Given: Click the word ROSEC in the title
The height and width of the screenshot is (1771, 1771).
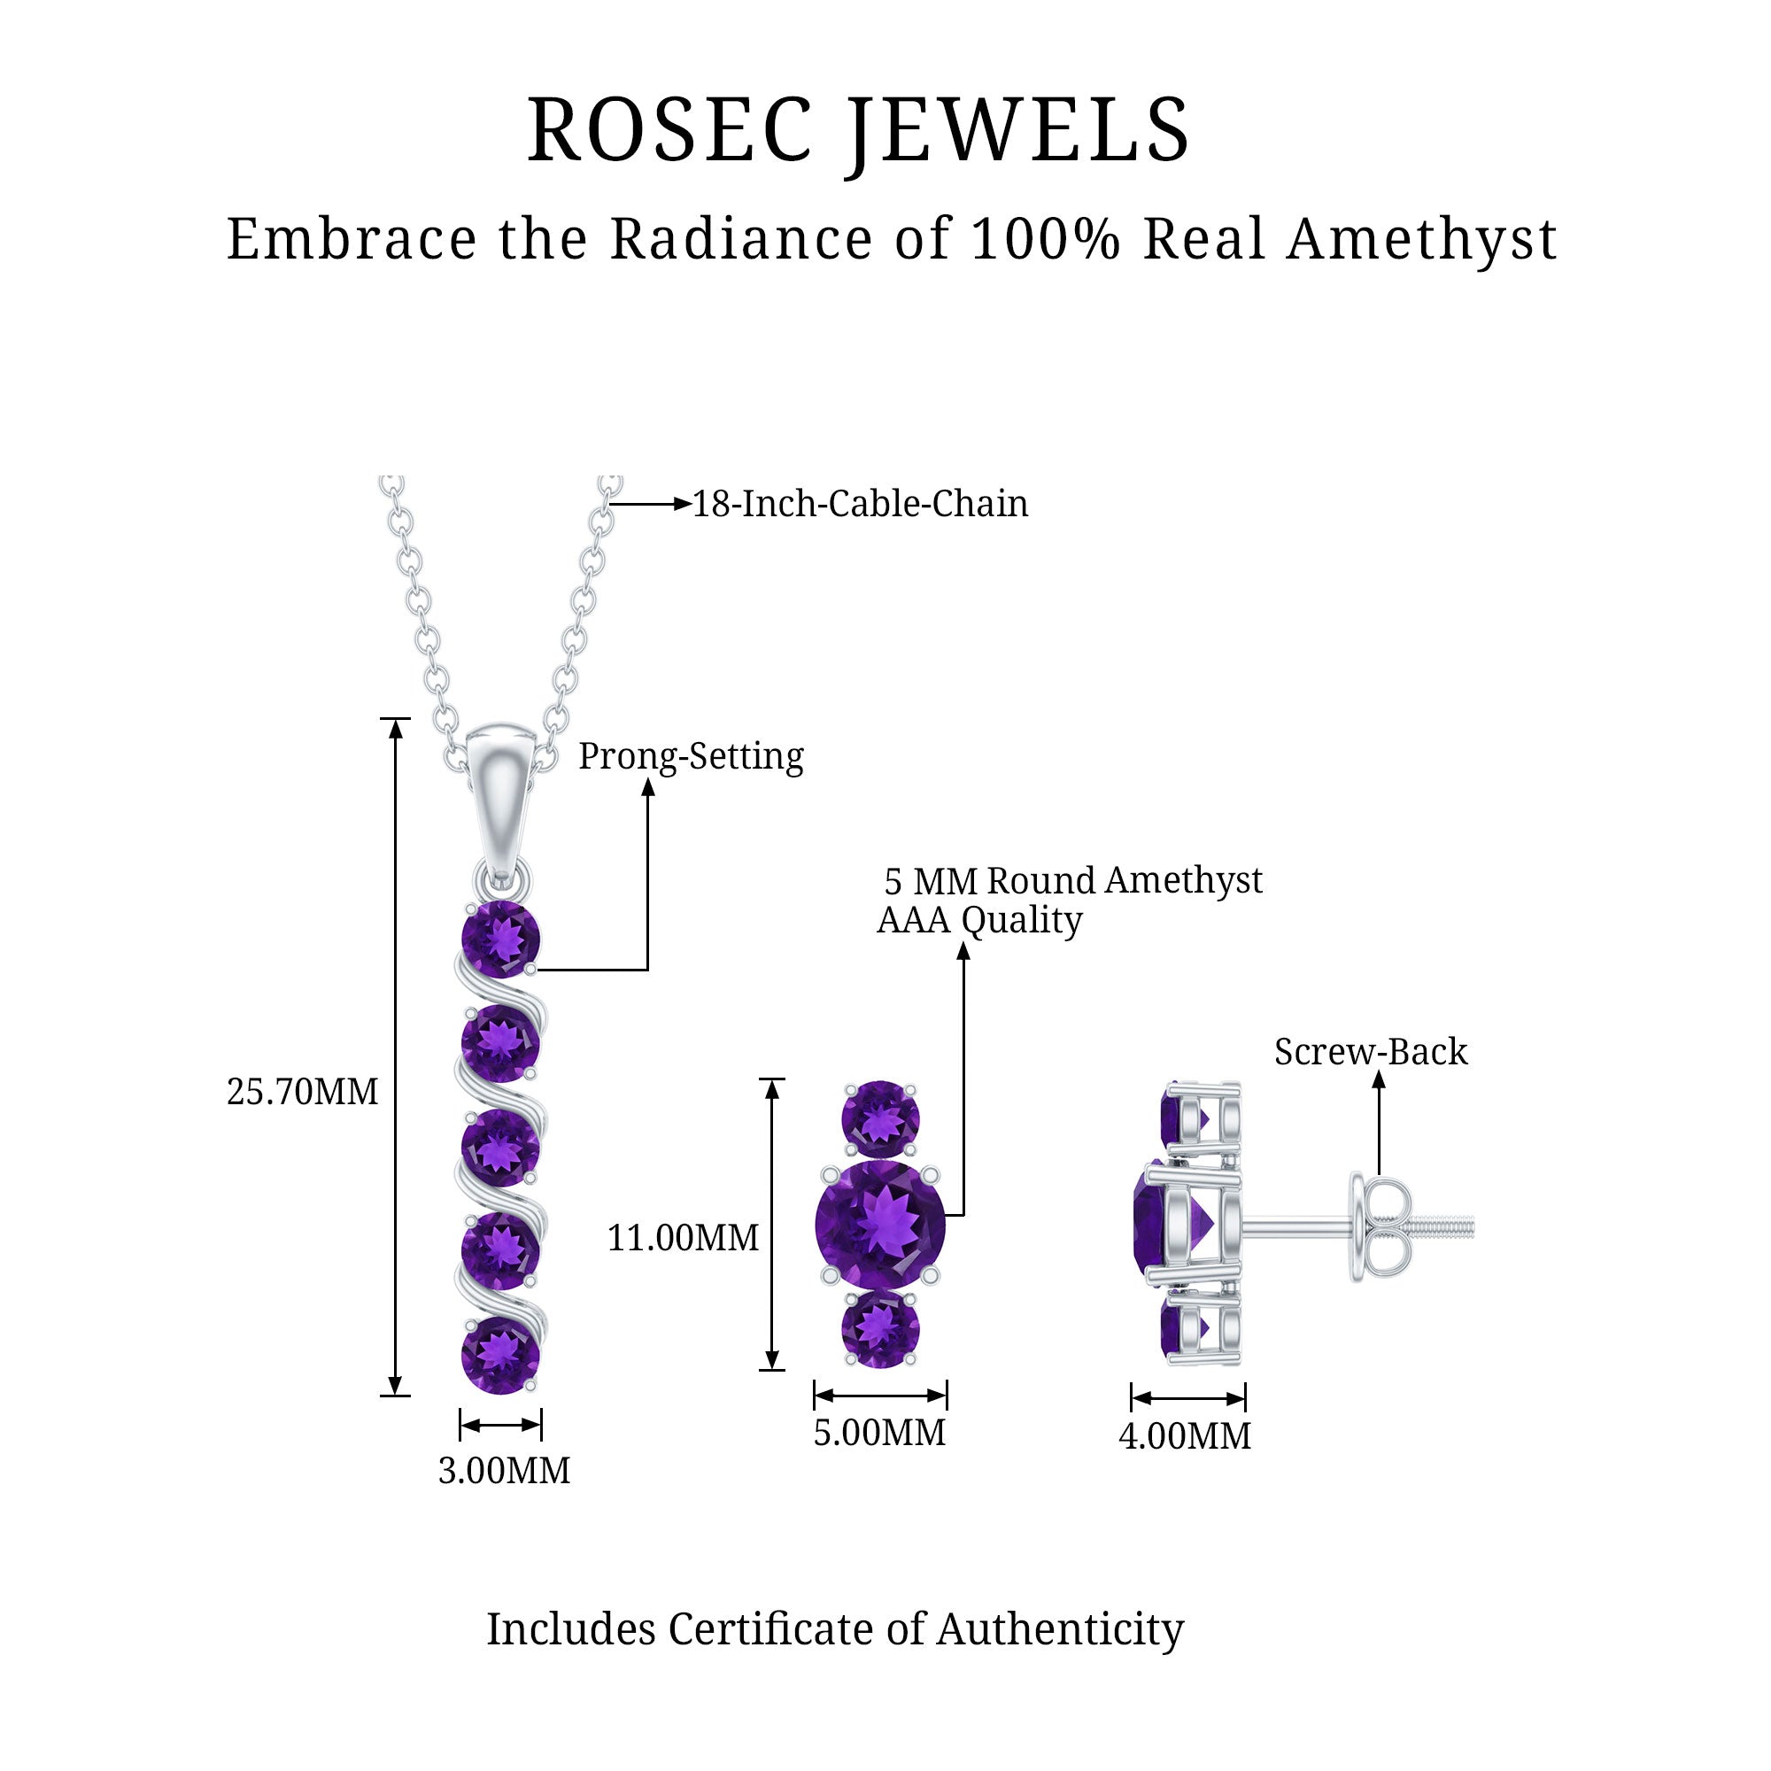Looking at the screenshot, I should tap(670, 131).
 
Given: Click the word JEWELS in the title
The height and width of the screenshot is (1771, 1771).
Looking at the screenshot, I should tap(1018, 131).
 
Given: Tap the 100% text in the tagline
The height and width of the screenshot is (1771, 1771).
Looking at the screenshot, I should tap(1045, 240).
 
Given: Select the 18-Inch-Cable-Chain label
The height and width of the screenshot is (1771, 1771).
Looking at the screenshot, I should tap(860, 504).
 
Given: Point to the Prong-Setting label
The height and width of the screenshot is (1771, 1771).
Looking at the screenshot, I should tap(692, 757).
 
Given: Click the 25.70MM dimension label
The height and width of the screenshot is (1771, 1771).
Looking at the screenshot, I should tap(303, 1092).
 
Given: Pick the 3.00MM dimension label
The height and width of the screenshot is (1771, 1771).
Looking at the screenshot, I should tap(504, 1470).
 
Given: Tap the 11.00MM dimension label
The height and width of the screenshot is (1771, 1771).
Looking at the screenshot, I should tap(683, 1239).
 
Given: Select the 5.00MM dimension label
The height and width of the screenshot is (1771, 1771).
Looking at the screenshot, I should tap(880, 1433).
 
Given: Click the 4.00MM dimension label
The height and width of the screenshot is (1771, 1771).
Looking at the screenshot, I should tap(1186, 1436).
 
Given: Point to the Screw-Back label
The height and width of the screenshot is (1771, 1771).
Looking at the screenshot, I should tap(1371, 1052).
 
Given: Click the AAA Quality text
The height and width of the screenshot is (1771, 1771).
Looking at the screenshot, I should tap(980, 920).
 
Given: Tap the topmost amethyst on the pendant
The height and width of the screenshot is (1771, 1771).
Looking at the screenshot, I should tap(500, 940).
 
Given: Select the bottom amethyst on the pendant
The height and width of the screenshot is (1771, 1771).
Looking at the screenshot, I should tap(500, 1355).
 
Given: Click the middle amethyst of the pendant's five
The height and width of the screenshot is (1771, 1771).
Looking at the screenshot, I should tap(500, 1148).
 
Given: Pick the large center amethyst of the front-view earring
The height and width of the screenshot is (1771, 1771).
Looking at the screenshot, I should tap(880, 1225).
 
